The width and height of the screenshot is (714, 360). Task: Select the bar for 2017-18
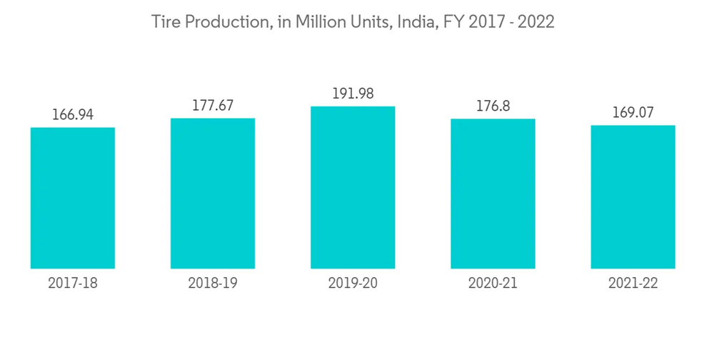[73, 198]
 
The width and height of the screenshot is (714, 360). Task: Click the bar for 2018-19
[213, 194]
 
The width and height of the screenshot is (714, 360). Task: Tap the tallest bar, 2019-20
[353, 187]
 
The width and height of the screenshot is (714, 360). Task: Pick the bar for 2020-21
[493, 194]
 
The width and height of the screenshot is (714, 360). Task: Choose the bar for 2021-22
[633, 197]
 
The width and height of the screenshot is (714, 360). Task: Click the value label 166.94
[73, 114]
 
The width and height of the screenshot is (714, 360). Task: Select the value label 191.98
[353, 94]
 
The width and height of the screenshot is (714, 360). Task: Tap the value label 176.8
[493, 106]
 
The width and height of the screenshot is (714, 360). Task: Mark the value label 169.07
[633, 112]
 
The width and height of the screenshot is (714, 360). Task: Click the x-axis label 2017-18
[73, 283]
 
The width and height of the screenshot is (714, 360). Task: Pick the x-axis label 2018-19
[213, 283]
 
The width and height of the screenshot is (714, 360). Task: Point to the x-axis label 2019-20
[353, 283]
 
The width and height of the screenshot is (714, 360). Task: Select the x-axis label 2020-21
[493, 283]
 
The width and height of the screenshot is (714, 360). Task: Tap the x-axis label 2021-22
[633, 283]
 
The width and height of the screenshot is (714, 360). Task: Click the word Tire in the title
[166, 22]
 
